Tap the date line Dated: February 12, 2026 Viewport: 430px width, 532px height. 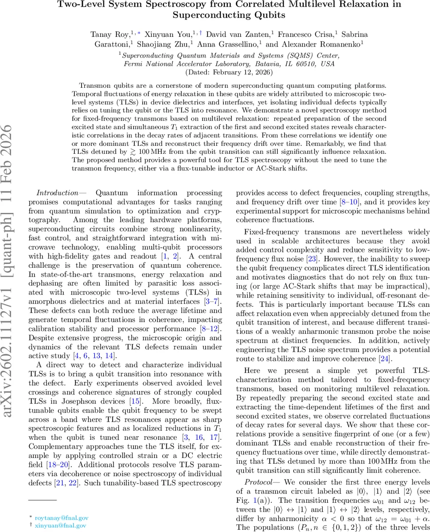229,72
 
